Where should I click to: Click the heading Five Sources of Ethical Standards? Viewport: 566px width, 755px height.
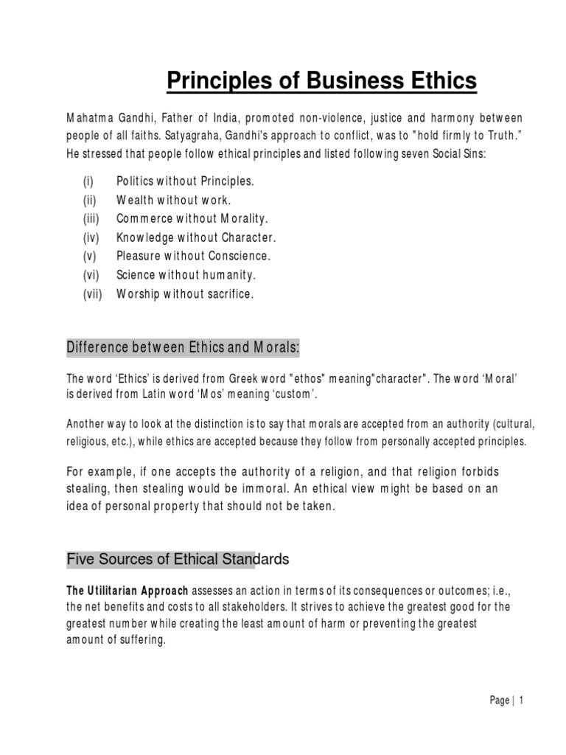178,560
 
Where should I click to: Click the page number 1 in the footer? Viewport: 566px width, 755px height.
520,701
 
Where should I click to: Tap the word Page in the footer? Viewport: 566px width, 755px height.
498,701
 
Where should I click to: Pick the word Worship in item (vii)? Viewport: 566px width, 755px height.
139,293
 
